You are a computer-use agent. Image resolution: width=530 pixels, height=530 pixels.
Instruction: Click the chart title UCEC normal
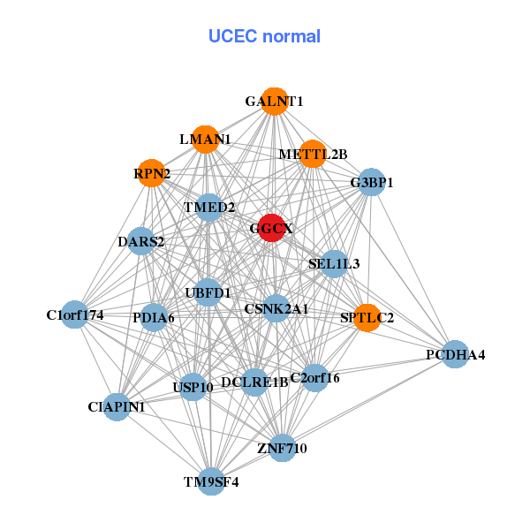[x=264, y=36]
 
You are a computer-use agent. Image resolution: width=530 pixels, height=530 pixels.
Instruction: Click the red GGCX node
[x=271, y=227]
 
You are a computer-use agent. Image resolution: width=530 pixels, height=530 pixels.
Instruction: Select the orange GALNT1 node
[x=275, y=102]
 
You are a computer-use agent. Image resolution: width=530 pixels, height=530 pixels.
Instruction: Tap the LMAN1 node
[x=205, y=139]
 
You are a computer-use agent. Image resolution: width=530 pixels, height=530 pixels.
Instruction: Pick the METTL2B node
[x=313, y=155]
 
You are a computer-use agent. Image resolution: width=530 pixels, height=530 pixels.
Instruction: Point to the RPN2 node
[x=153, y=173]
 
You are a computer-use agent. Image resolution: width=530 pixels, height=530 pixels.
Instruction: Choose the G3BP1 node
[x=371, y=183]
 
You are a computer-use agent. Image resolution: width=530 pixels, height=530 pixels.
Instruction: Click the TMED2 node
[x=209, y=208]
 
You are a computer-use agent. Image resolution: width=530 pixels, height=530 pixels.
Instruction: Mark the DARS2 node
[x=141, y=241]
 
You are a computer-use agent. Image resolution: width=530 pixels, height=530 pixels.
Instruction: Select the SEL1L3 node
[x=334, y=263]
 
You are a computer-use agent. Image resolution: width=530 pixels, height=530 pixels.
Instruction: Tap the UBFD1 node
[x=208, y=291]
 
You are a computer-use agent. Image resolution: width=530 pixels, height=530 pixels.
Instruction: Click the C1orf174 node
[x=75, y=314]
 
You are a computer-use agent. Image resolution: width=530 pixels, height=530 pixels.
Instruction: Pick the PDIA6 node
[x=154, y=317]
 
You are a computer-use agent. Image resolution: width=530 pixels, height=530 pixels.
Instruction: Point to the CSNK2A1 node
[x=276, y=308]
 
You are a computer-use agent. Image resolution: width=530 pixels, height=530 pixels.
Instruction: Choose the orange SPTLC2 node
[x=367, y=316]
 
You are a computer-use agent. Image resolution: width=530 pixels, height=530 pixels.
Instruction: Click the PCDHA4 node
[x=455, y=355]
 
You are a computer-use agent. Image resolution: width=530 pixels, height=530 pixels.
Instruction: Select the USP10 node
[x=193, y=386]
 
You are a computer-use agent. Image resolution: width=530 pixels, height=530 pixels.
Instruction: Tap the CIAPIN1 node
[x=117, y=406]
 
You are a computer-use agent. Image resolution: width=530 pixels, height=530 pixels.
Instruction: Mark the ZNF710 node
[x=282, y=448]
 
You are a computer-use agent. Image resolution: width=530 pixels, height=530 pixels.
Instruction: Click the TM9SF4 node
[x=211, y=481]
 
